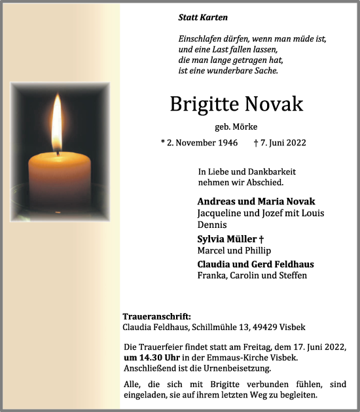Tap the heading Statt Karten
click(x=203, y=18)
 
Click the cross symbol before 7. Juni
click(x=255, y=142)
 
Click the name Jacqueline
click(x=219, y=213)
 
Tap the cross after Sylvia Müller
click(x=261, y=238)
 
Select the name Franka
click(x=210, y=275)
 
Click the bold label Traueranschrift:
click(x=156, y=316)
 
